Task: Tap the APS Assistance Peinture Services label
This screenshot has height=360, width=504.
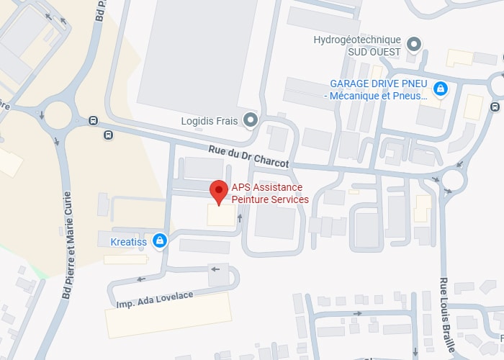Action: (x=270, y=194)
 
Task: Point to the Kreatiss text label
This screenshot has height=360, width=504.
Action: (x=129, y=242)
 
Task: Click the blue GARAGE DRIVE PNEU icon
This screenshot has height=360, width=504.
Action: (x=441, y=89)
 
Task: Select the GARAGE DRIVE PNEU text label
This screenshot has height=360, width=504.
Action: (x=378, y=89)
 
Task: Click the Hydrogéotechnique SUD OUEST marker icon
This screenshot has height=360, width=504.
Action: (x=413, y=45)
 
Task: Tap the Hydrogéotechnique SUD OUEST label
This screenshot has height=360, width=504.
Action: (x=357, y=45)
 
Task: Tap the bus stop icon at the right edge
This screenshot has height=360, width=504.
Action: (x=495, y=107)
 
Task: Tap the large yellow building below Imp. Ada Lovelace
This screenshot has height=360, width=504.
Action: (x=169, y=315)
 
